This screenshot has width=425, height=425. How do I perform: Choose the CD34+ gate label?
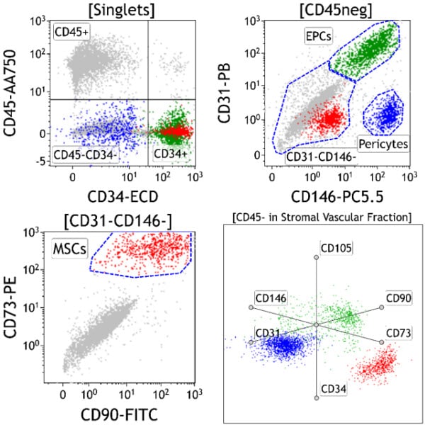click(169, 154)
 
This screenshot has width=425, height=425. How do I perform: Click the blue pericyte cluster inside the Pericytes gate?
click(388, 113)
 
